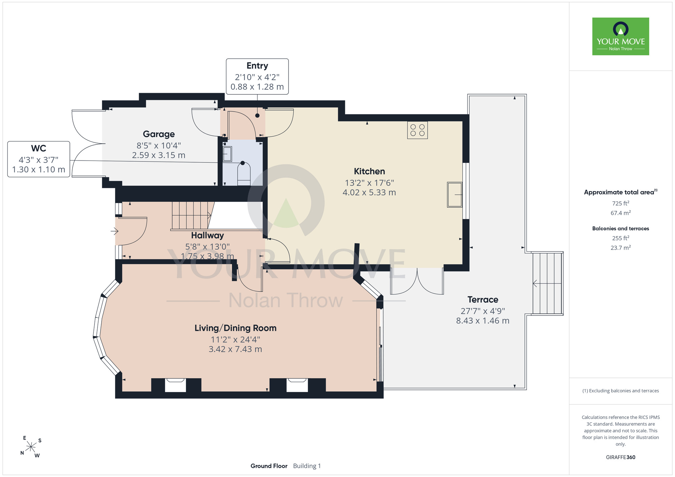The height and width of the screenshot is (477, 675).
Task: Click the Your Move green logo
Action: [620, 36]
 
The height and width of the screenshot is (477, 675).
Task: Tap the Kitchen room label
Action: [369, 171]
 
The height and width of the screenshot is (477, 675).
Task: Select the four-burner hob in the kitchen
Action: [417, 130]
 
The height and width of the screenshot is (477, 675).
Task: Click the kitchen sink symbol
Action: [455, 195]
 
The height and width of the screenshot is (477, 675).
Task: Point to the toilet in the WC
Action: [244, 174]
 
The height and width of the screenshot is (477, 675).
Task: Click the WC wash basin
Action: [227, 154]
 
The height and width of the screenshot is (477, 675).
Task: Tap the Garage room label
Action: [159, 134]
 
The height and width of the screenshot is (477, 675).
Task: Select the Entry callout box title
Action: [257, 66]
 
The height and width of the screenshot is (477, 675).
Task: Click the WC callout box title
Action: [38, 148]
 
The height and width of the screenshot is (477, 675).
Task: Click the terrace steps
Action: [547, 283]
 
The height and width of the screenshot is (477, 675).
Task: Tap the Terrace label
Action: [483, 300]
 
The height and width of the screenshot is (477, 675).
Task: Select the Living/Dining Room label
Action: [236, 328]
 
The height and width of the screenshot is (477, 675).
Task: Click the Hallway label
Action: [207, 235]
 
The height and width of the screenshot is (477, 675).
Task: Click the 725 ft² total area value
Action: [620, 203]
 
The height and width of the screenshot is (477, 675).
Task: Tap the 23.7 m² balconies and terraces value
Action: [620, 247]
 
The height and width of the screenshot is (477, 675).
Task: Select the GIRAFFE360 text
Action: [620, 457]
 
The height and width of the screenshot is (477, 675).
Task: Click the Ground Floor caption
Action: [269, 466]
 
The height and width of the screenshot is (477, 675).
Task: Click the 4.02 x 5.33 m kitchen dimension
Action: [369, 193]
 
